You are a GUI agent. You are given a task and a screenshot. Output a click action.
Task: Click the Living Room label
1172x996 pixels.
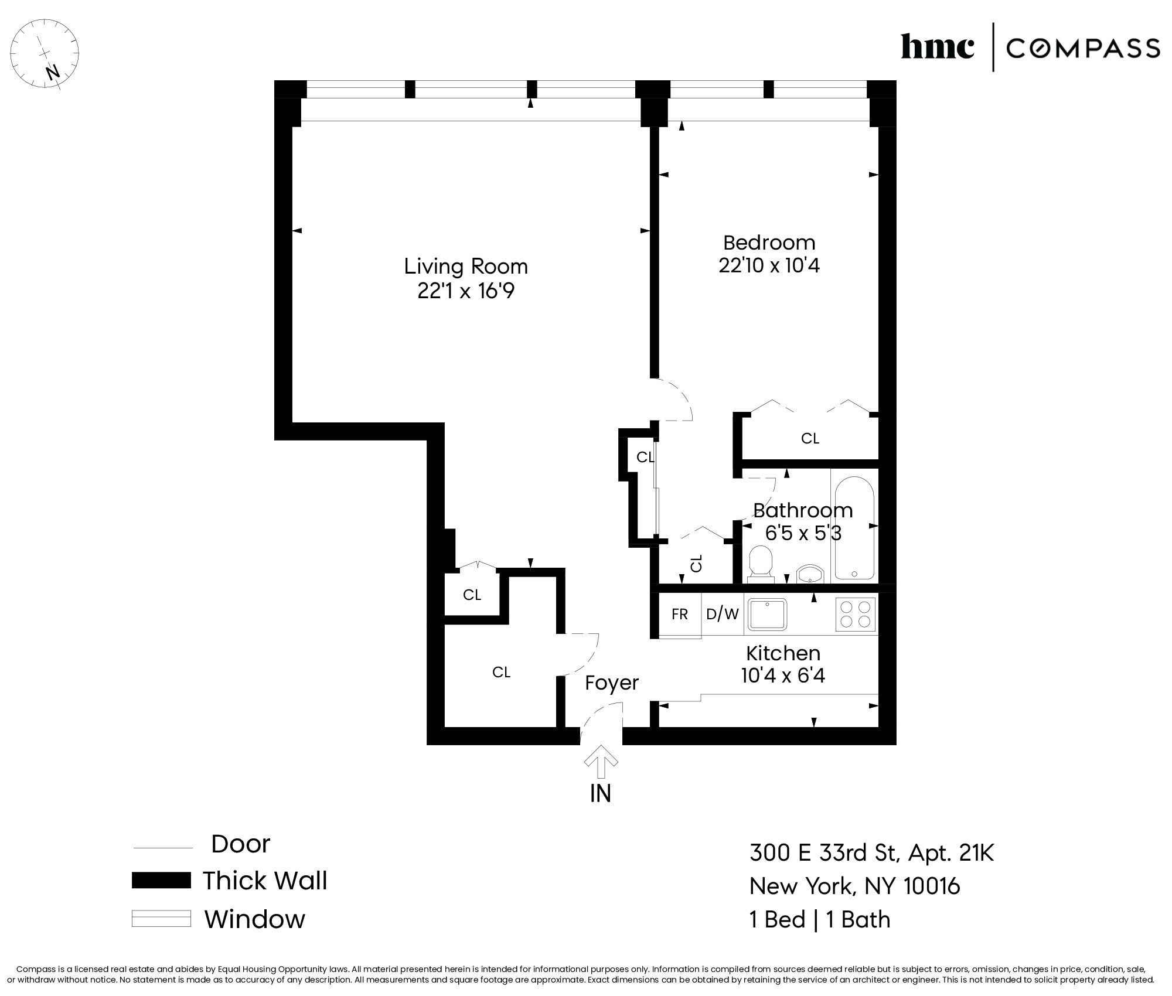coord(466,267)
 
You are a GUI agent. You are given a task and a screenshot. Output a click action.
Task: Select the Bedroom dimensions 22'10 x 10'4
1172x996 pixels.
coord(769,265)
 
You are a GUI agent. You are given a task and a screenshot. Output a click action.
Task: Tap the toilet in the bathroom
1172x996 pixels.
coord(761,563)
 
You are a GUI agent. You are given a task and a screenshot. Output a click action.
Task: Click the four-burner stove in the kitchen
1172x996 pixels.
coord(855,614)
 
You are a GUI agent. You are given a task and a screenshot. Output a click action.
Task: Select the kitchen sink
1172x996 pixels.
coord(768,614)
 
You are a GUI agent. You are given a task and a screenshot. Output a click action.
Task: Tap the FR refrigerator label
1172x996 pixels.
coord(679,614)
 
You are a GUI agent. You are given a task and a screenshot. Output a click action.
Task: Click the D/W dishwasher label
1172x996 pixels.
coord(722,614)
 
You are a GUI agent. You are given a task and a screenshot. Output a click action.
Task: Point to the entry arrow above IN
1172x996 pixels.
coord(601,761)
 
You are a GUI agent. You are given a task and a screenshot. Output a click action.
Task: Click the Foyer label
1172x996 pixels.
coord(611,683)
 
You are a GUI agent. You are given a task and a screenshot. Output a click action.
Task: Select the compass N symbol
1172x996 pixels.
coord(53,73)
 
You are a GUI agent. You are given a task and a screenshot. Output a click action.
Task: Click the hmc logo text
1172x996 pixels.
coord(937,47)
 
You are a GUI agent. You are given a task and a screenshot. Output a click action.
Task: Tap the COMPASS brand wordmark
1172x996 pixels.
coord(1083,48)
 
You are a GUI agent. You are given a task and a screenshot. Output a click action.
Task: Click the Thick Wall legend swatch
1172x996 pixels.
coord(161,881)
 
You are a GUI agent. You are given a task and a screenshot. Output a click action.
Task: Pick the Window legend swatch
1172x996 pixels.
coord(161,918)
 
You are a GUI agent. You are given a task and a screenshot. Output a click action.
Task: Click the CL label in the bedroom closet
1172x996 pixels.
coord(810,438)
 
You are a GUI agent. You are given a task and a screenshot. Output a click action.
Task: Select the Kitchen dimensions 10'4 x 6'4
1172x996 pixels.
coord(783,676)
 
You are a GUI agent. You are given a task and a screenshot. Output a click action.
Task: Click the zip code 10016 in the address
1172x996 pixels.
coord(932,886)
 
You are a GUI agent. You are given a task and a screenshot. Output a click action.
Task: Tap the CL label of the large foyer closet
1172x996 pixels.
coord(501,672)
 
